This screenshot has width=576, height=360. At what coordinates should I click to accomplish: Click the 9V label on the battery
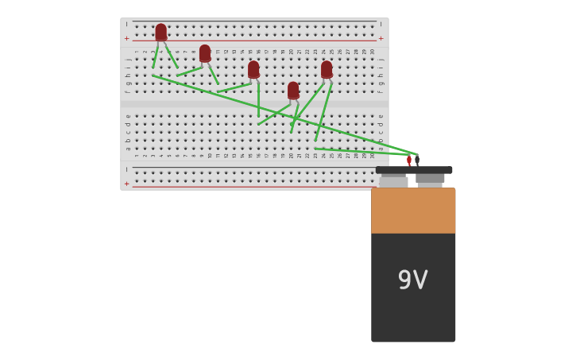[x=412, y=280]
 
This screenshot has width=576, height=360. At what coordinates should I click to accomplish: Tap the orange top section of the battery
[x=413, y=211]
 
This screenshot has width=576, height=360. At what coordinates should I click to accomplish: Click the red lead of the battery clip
[x=409, y=161]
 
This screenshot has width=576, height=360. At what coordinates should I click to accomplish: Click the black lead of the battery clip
[x=417, y=161]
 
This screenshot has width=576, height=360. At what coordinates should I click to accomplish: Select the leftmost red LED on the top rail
[x=161, y=32]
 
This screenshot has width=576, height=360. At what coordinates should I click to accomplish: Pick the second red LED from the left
[x=205, y=53]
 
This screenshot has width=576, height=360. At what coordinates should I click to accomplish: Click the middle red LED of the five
[x=253, y=70]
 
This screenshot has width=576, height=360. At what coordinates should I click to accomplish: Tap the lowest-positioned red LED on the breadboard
[x=293, y=91]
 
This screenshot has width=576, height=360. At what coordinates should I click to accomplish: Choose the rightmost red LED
[x=327, y=70]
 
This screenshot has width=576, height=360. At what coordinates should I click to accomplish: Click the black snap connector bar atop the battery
[x=414, y=170]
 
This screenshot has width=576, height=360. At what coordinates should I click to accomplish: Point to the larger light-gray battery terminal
[x=393, y=182]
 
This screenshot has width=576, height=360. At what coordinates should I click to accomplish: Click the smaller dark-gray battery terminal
[x=430, y=179]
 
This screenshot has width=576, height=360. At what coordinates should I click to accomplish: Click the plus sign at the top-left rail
[x=126, y=38]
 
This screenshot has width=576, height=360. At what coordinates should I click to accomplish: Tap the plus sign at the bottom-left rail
[x=126, y=184]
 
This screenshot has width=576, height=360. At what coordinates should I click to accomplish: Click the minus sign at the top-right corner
[x=381, y=25]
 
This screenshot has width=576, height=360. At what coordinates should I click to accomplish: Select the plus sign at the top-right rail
[x=381, y=38]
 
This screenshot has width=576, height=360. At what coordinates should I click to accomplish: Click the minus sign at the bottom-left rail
[x=126, y=169]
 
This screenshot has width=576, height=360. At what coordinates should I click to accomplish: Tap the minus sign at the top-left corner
[x=126, y=25]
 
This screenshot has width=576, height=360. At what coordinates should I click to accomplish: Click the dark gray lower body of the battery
[x=413, y=310]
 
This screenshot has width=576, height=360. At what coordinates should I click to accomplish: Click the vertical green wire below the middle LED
[x=258, y=99]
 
